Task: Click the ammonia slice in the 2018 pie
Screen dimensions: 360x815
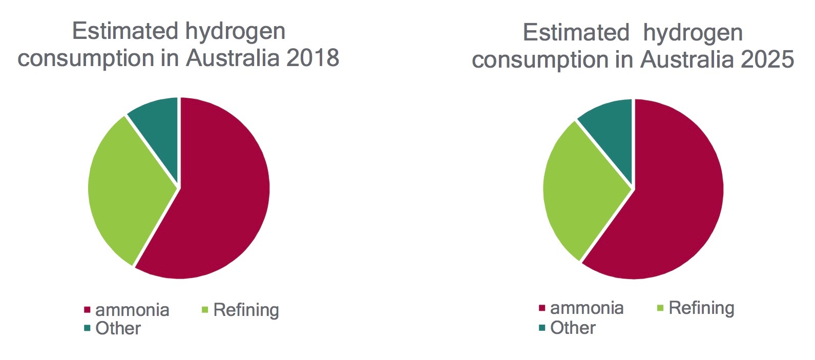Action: pos(220,205)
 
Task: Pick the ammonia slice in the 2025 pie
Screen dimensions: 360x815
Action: pos(676,205)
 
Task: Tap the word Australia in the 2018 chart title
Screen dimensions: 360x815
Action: pos(232,57)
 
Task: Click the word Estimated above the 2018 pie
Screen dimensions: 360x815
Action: pos(126,31)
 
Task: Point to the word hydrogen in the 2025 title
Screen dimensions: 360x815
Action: pos(693,33)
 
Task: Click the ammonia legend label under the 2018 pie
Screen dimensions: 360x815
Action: pos(132,310)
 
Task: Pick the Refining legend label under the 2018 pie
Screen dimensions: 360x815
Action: pos(246,310)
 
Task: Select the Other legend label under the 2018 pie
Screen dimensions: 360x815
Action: pos(118,328)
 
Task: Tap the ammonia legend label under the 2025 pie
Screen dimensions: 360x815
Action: pos(587,308)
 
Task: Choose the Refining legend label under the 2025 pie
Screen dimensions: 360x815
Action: pos(701,308)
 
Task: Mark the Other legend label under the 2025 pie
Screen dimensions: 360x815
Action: pos(573,328)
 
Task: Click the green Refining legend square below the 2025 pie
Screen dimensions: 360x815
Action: pos(660,308)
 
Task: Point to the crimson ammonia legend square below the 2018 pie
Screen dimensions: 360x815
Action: pos(87,310)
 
